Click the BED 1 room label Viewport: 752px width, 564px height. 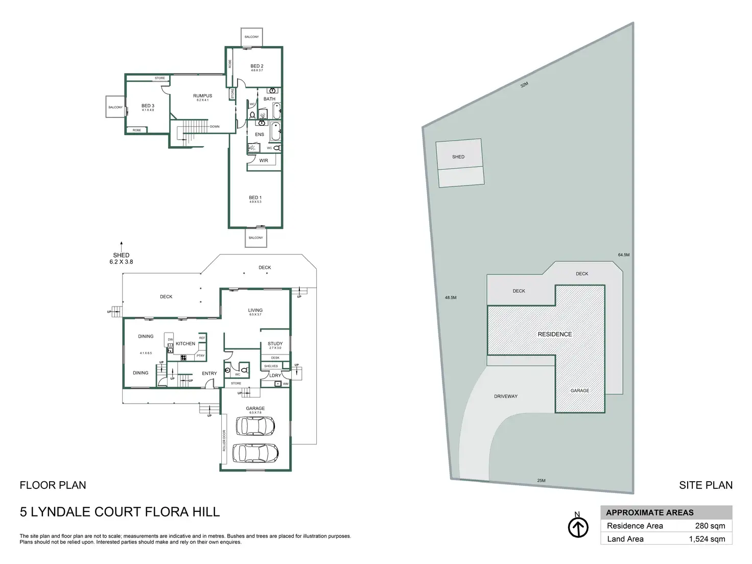pyautogui.click(x=255, y=198)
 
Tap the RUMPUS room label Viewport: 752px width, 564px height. pyautogui.click(x=202, y=96)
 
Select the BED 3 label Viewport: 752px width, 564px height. pyautogui.click(x=148, y=106)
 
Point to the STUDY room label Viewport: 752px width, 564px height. pyautogui.click(x=275, y=344)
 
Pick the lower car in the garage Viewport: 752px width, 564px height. pyautogui.click(x=255, y=452)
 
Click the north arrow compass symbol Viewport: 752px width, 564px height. pyautogui.click(x=578, y=527)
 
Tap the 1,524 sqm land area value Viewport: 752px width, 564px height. pyautogui.click(x=707, y=539)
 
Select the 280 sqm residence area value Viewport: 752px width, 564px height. pyautogui.click(x=710, y=526)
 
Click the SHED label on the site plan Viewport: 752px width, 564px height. pyautogui.click(x=458, y=157)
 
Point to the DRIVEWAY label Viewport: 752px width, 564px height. pyautogui.click(x=506, y=396)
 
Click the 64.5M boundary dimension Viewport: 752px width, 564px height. pyautogui.click(x=624, y=255)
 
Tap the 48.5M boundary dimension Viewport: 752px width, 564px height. pyautogui.click(x=450, y=297)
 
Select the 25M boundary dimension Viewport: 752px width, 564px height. pyautogui.click(x=542, y=481)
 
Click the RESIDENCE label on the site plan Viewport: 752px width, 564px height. pyautogui.click(x=555, y=334)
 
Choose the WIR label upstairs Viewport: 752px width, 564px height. pyautogui.click(x=264, y=160)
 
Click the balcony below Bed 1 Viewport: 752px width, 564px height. pyautogui.click(x=256, y=238)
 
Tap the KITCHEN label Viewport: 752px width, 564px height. pyautogui.click(x=185, y=344)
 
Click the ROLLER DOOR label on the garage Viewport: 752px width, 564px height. pyautogui.click(x=224, y=440)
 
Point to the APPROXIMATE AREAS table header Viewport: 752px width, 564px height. pyautogui.click(x=650, y=512)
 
